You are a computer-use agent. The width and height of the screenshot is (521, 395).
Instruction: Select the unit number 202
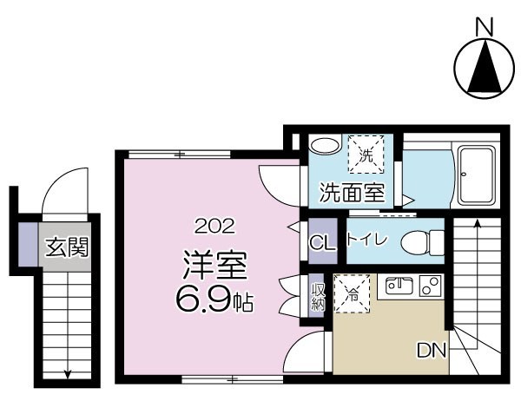coord(214,227)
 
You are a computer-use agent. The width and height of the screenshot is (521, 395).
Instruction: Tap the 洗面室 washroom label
coord(351,192)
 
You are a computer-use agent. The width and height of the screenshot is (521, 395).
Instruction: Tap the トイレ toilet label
coord(369,240)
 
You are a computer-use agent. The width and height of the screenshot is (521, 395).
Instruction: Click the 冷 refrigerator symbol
coord(351,293)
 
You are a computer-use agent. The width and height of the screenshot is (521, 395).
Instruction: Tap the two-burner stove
coord(429,284)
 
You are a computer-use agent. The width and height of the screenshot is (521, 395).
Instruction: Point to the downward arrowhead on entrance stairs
coord(68,375)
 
